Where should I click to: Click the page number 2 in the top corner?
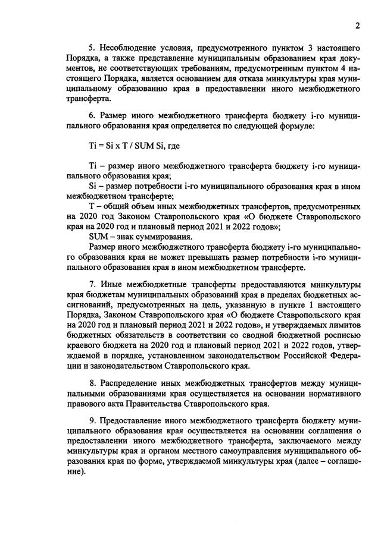358,26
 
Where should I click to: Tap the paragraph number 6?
91,117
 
